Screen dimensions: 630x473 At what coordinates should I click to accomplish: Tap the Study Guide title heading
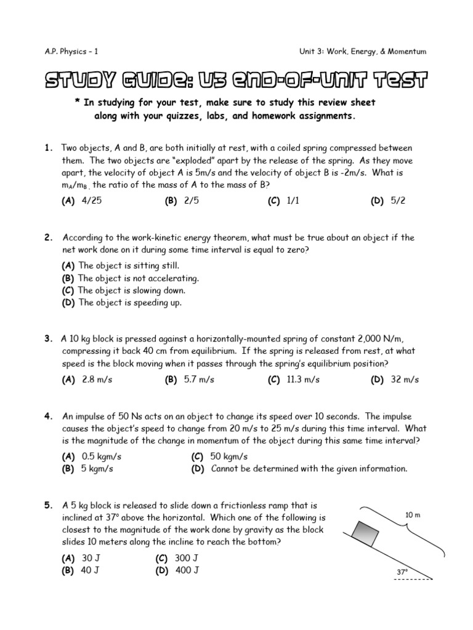(x=236, y=81)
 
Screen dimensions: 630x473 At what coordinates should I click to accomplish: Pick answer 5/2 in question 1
(x=398, y=201)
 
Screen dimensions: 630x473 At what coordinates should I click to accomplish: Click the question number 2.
(x=47, y=237)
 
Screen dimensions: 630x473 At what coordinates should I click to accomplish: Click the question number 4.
(x=47, y=417)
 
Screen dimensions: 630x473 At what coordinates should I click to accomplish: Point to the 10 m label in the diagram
(x=413, y=515)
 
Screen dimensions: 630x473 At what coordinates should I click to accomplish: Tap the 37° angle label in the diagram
(x=402, y=572)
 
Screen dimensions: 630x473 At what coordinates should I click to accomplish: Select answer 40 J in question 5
(x=90, y=570)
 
